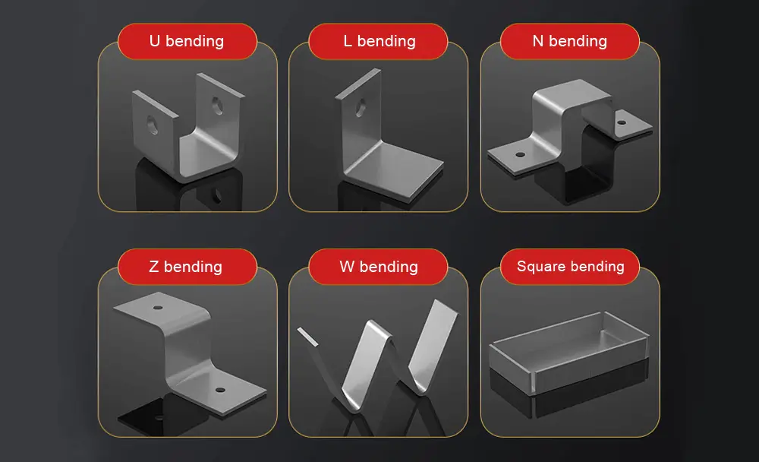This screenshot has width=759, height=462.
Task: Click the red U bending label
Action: click(187, 41)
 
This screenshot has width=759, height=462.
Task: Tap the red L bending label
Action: click(378, 41)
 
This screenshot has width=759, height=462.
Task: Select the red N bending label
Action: click(569, 41)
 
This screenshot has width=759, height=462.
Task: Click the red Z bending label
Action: click(187, 267)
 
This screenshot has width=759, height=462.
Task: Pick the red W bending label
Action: click(378, 267)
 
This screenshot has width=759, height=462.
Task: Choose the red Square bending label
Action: click(569, 267)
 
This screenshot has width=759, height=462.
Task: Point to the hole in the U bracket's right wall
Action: click(219, 104)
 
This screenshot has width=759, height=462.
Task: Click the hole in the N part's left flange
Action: click(520, 154)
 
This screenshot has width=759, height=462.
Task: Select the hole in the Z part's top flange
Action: click(157, 309)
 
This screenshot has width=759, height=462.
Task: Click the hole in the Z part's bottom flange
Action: click(220, 390)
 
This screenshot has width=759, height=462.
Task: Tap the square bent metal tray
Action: click(569, 350)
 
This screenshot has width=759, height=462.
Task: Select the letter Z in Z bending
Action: click(154, 267)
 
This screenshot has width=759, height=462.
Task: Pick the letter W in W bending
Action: click(347, 267)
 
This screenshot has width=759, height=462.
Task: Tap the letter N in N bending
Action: click(537, 41)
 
